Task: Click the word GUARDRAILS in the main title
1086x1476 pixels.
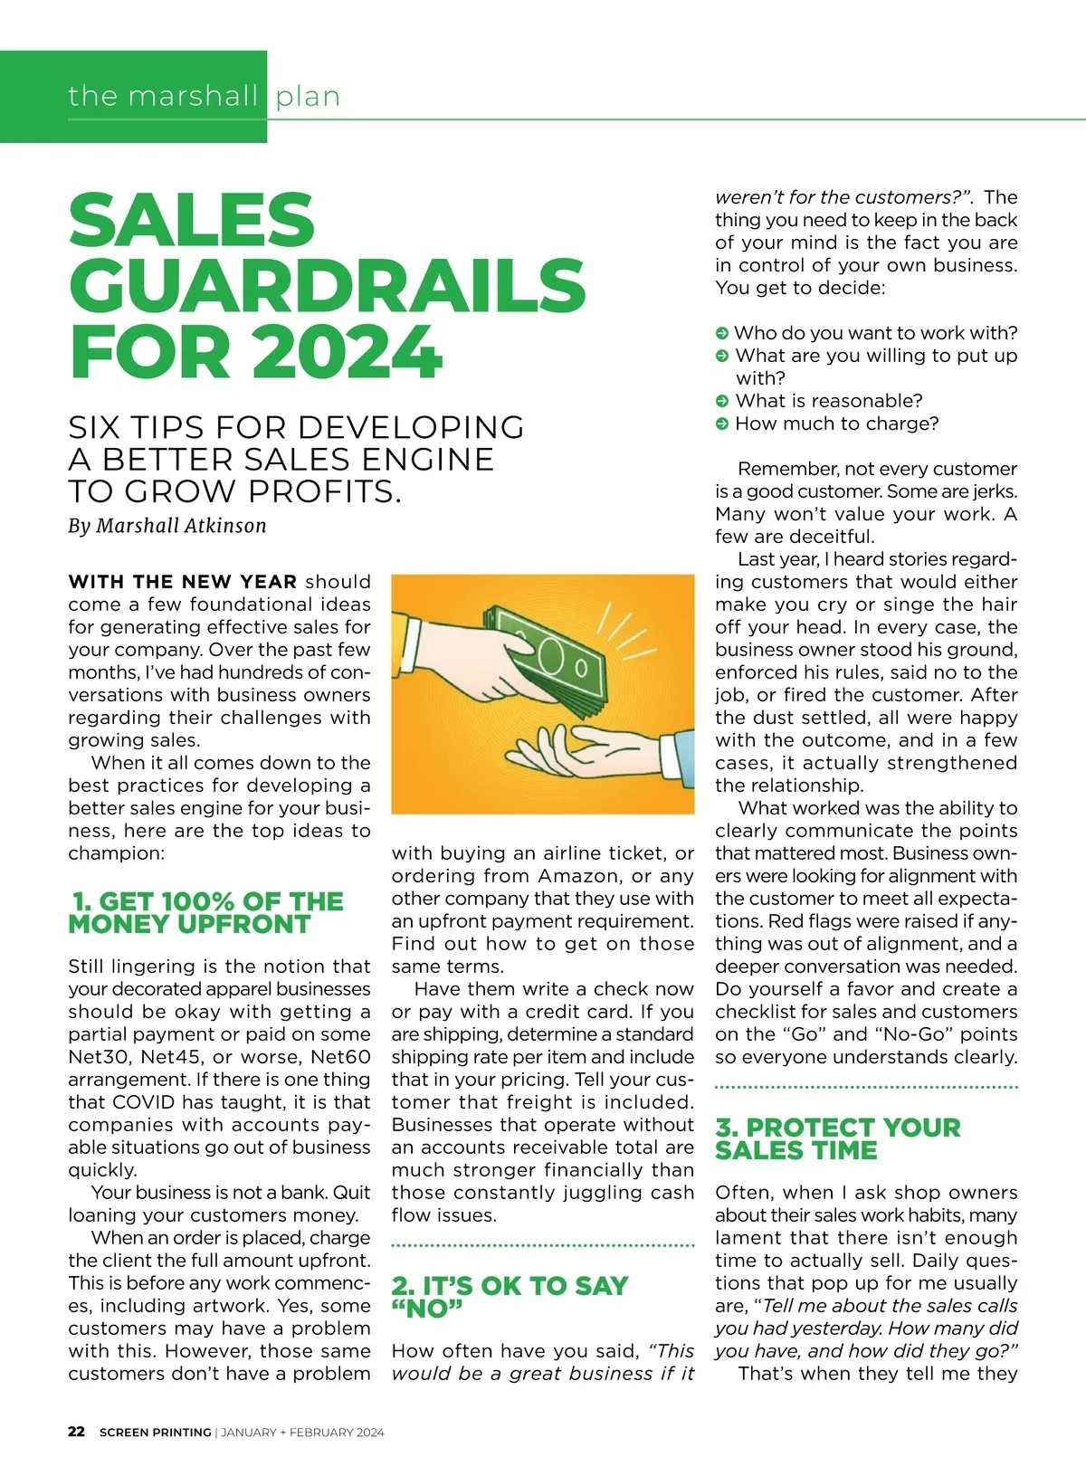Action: click(327, 285)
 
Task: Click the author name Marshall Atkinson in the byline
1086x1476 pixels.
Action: click(181, 526)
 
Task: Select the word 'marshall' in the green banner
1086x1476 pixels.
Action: click(193, 96)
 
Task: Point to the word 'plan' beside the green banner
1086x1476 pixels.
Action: click(308, 96)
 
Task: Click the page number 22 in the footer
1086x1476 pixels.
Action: click(77, 1432)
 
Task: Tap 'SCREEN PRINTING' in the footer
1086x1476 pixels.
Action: click(155, 1432)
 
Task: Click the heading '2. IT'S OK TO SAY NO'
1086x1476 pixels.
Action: click(510, 1296)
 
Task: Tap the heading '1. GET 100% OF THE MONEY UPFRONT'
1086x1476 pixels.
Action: click(205, 912)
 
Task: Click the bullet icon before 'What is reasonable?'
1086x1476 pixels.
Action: click(722, 401)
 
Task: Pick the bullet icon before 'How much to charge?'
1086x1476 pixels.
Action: click(722, 424)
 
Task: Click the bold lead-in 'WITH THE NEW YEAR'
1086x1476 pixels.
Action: click(182, 582)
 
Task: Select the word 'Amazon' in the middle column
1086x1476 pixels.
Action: click(581, 876)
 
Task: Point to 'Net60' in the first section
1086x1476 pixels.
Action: click(340, 1057)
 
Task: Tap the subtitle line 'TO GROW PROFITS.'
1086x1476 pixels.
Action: click(234, 491)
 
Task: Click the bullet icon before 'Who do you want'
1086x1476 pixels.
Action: click(722, 333)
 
